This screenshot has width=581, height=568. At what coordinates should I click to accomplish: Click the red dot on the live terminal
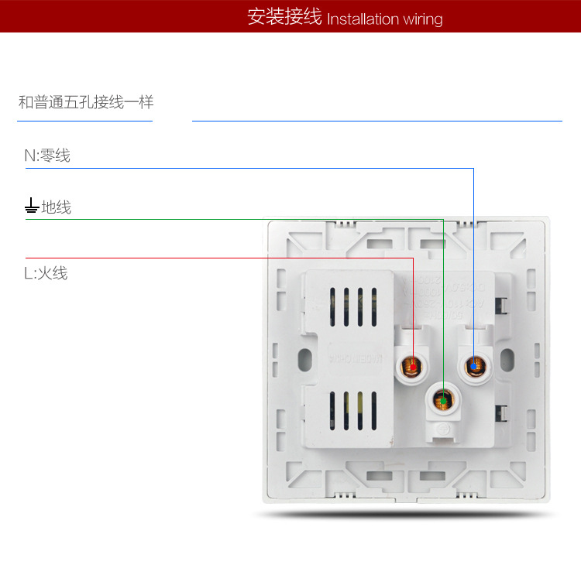414,365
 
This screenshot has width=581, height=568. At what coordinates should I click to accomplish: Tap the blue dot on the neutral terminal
473,365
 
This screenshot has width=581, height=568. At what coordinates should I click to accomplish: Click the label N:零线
47,156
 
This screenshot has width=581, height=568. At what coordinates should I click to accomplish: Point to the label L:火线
46,272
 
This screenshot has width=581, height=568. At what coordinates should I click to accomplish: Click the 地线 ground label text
57,207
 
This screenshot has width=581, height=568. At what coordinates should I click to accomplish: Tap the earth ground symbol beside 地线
31,206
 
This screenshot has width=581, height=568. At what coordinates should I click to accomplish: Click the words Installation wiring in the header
385,19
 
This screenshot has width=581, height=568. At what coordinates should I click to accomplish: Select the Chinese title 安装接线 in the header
284,17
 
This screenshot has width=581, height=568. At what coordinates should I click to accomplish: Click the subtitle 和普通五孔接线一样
86,102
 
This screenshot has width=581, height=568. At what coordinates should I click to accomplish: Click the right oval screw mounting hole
507,359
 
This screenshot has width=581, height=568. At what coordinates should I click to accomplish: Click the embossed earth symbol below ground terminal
444,429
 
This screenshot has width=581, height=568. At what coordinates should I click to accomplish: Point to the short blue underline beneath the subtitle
85,121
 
